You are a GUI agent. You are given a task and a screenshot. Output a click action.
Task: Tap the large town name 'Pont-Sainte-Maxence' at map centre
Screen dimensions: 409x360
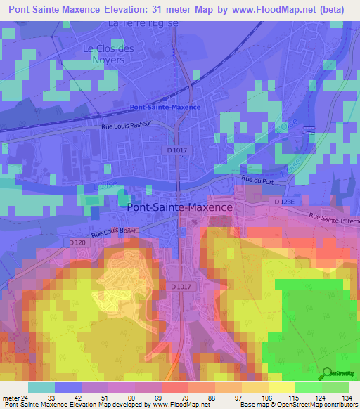[x=179, y=207]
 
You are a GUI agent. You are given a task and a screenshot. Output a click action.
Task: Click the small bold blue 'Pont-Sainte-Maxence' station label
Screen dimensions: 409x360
[x=165, y=107]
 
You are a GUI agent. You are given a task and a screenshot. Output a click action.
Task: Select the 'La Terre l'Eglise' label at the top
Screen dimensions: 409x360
[x=143, y=23]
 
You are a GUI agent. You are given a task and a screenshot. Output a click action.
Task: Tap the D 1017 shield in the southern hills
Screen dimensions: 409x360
[x=181, y=286]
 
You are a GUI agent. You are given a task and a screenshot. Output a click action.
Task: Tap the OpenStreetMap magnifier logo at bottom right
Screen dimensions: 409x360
[x=328, y=372]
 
